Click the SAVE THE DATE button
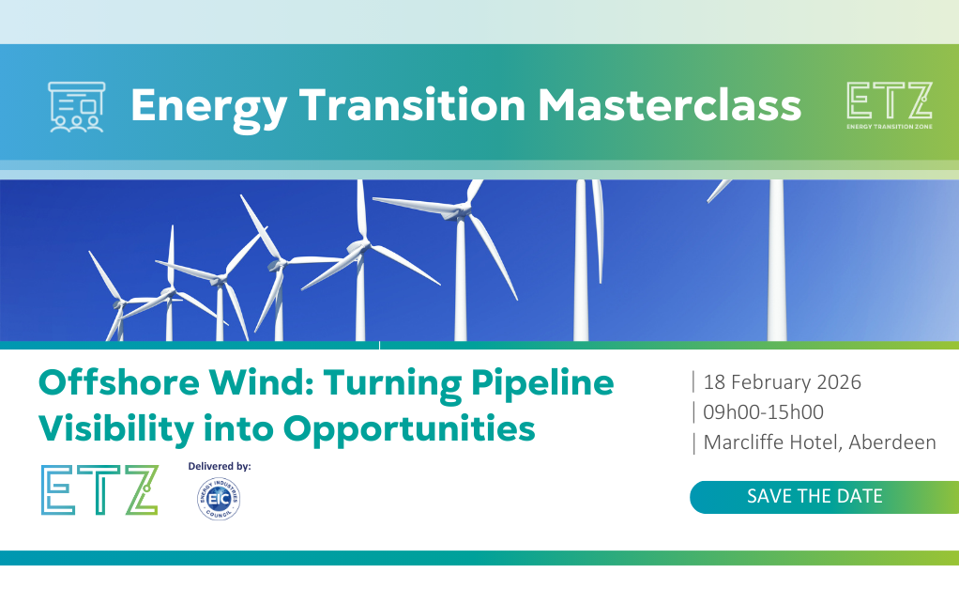[x=824, y=497]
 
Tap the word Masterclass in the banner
[x=670, y=105]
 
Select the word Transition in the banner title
[x=412, y=105]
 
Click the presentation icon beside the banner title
[x=76, y=107]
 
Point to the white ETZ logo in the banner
[x=890, y=105]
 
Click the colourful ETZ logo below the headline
[x=99, y=489]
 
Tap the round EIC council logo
[x=219, y=499]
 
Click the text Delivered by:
[x=220, y=467]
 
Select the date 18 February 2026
[x=782, y=382]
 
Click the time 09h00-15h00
[x=763, y=412]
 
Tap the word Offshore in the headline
[x=119, y=382]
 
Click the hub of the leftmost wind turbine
[x=118, y=302]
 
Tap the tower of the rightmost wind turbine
[x=777, y=260]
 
